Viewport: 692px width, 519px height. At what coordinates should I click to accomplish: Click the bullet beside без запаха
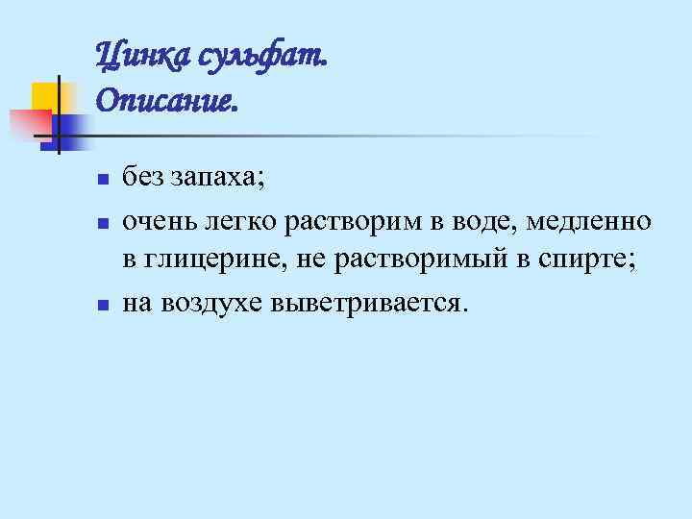[x=101, y=180]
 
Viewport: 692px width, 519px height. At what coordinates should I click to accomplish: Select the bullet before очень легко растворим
[x=101, y=223]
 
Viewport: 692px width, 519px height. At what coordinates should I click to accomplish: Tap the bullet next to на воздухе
[x=101, y=305]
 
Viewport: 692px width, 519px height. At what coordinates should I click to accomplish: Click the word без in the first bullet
[x=140, y=178]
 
